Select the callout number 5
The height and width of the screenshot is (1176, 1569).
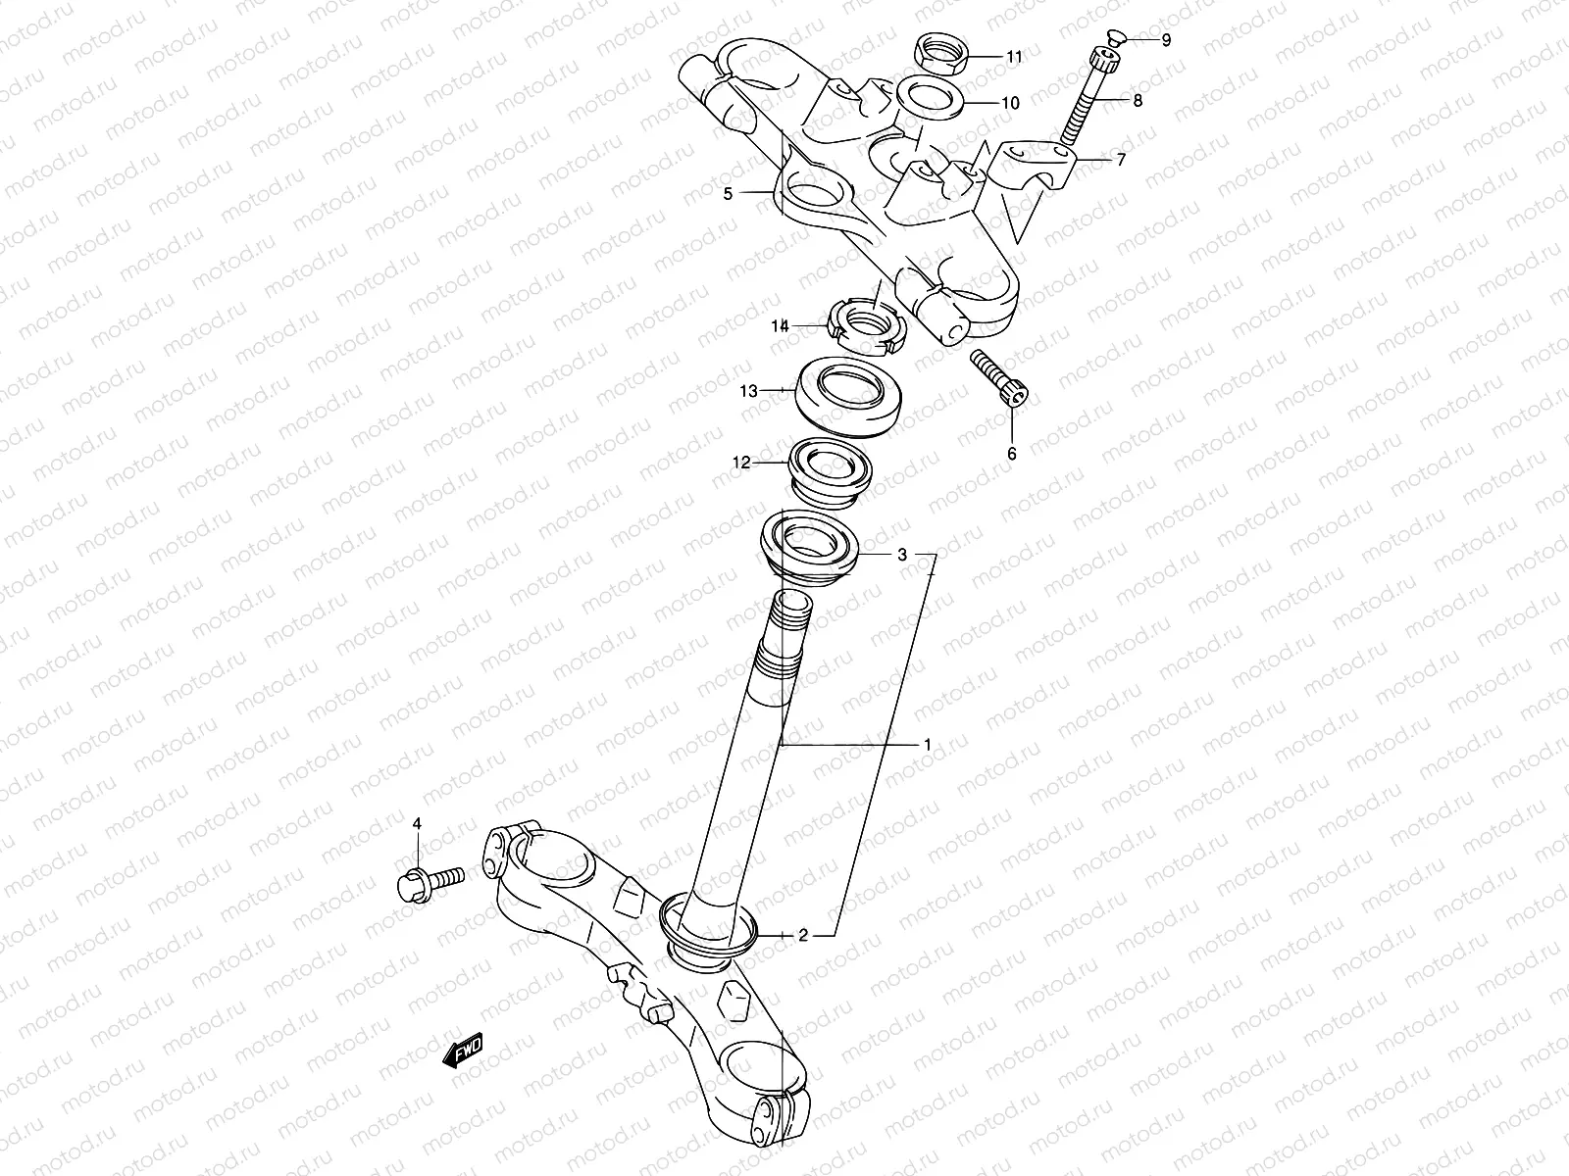point(728,194)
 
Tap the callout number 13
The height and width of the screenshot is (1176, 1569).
point(749,391)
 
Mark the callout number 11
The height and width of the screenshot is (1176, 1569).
point(1014,57)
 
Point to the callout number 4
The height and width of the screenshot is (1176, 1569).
point(416,824)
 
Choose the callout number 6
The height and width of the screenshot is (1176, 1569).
point(1012,453)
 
